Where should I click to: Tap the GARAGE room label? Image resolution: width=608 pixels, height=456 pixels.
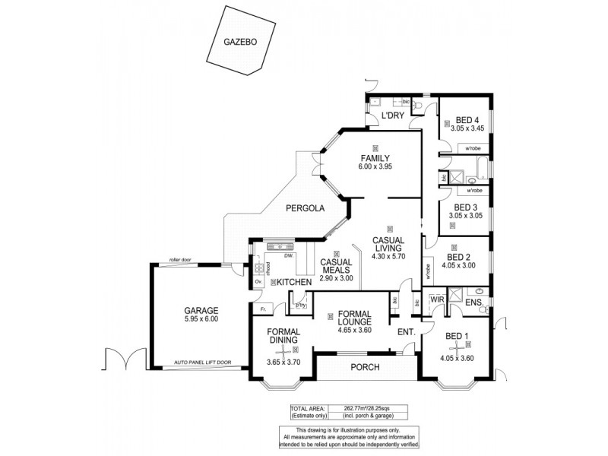(201, 310)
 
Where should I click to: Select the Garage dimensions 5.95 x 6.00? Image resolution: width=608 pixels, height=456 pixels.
(201, 319)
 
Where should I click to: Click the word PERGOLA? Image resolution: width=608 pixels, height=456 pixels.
(306, 208)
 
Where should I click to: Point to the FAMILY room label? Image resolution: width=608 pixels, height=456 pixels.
(375, 158)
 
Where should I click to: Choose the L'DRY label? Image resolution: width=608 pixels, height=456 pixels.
(392, 116)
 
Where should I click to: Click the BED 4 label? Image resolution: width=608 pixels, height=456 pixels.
(467, 119)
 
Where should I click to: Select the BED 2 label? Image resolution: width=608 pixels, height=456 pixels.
(458, 257)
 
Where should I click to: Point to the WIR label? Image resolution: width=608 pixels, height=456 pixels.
(436, 300)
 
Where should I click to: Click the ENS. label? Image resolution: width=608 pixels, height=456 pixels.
(476, 304)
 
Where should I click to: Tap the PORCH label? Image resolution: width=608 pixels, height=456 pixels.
(365, 367)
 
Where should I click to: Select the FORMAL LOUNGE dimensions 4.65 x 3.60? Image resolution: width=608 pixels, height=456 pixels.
(354, 329)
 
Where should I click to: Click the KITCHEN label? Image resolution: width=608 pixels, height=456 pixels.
(295, 283)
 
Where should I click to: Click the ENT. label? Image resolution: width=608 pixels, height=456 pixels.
(406, 332)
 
